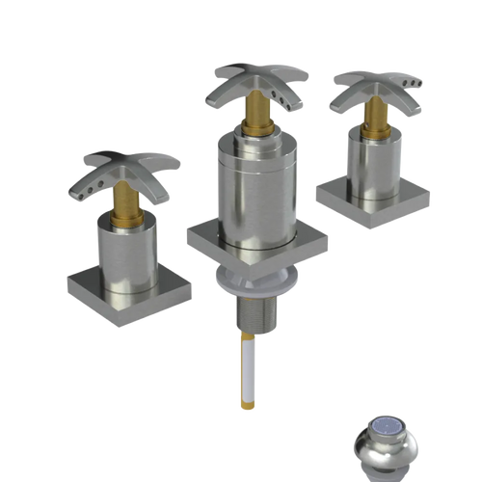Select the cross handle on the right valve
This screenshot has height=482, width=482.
pos(372,86)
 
